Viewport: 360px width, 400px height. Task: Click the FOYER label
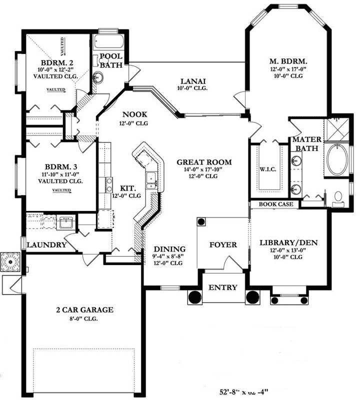(222, 245)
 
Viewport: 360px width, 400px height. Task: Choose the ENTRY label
(222, 287)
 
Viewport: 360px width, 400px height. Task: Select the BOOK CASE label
(273, 204)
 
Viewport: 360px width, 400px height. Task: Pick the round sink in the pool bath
(98, 77)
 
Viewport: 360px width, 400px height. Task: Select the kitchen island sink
(150, 179)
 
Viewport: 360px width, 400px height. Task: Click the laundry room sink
(65, 223)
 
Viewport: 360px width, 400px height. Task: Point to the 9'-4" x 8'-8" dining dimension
(169, 256)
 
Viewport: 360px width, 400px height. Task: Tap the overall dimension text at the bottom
(245, 392)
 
